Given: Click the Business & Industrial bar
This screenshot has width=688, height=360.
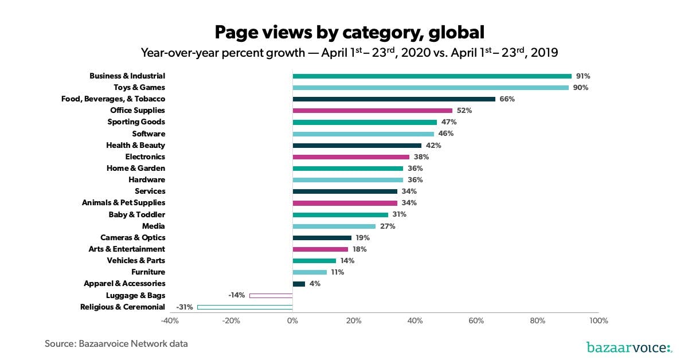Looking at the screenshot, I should click(432, 76).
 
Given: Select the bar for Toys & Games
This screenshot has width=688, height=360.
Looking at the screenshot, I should click(431, 87).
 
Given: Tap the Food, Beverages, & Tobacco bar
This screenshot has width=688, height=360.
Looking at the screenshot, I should click(394, 99).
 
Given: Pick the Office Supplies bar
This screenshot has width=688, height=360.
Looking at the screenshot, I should click(372, 110).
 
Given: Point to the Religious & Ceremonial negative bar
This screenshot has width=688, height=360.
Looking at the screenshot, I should click(245, 307).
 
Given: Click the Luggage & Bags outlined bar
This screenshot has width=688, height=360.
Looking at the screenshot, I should click(271, 295).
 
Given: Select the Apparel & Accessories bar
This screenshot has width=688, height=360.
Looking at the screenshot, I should click(299, 284).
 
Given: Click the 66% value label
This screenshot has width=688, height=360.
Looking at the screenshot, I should click(507, 99).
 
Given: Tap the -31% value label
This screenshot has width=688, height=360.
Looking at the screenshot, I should click(185, 307).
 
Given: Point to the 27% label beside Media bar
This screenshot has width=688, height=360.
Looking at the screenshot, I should click(388, 226).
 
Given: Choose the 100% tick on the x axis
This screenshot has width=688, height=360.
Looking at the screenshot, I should click(598, 320).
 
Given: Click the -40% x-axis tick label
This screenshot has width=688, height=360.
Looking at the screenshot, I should click(170, 320).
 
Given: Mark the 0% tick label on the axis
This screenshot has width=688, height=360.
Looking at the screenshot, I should click(292, 320).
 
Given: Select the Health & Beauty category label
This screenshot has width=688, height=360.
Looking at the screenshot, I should click(135, 145).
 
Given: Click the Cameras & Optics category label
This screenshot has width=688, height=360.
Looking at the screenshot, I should click(132, 237).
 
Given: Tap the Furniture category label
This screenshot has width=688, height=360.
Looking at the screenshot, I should click(148, 272).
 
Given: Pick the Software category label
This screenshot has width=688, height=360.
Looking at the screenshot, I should click(148, 134).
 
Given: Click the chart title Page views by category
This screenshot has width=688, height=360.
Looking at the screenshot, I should click(349, 32).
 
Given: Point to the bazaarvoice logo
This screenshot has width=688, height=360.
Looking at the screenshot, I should click(629, 347).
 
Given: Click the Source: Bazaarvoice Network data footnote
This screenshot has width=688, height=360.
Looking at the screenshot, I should click(116, 344).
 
